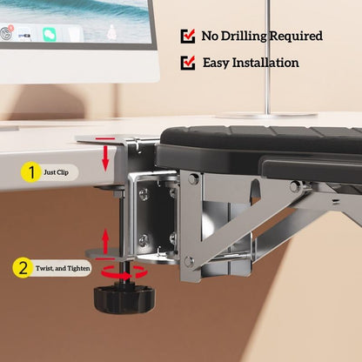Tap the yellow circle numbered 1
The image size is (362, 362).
point(31,172)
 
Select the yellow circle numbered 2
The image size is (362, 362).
point(23,268)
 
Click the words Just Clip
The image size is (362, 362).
point(57,172)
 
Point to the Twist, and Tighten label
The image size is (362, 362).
point(63,268)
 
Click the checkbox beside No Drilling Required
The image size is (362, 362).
point(188,36)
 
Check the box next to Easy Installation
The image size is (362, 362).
point(188,63)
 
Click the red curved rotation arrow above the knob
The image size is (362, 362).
point(124,273)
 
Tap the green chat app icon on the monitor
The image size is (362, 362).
point(50,35)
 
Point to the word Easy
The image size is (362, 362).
point(216,64)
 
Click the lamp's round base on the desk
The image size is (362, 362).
point(266,116)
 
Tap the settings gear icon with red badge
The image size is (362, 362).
point(6,33)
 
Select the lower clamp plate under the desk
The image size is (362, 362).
point(106,253)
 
